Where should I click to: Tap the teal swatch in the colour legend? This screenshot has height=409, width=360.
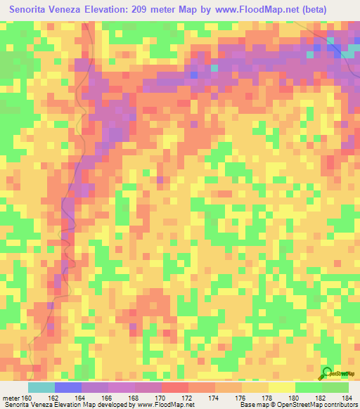tap(41, 387)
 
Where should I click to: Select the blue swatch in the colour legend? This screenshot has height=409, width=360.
tap(68, 387)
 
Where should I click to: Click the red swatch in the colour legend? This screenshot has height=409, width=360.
tap(174, 387)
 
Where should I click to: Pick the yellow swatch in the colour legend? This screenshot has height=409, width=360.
tap(281, 387)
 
